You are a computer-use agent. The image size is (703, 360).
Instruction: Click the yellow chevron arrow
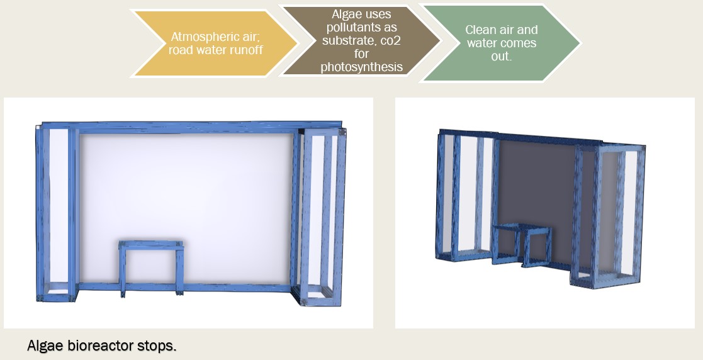point(215,43)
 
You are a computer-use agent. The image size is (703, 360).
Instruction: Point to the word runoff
point(246,49)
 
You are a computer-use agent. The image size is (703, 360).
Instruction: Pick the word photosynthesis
point(361,67)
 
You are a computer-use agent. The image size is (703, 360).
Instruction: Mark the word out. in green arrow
point(501,56)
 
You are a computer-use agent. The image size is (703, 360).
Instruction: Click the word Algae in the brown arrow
point(361,14)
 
